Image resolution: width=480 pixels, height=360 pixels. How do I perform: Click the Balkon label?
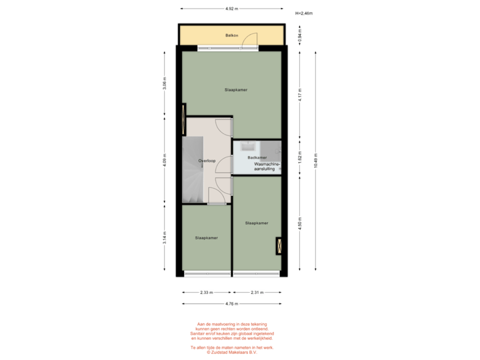[x=231, y=35]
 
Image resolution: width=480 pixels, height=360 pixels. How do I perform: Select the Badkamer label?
[x=257, y=157]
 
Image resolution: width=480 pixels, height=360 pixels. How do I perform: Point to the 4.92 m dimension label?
[x=231, y=9]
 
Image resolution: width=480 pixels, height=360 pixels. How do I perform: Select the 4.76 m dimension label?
[x=231, y=304]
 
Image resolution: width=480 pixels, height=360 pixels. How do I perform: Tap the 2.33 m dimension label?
[x=206, y=292]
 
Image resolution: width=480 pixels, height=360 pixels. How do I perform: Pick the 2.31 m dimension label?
[x=257, y=292]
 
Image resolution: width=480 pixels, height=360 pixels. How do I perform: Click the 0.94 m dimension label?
[x=300, y=34]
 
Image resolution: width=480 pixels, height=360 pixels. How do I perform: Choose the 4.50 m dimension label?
[x=300, y=221]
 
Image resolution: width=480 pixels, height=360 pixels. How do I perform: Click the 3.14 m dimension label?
[x=165, y=237]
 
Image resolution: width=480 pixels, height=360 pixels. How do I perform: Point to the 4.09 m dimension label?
[x=165, y=161]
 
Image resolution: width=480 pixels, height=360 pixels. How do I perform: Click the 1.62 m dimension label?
[x=300, y=160]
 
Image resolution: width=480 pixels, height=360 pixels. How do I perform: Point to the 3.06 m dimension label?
[x=165, y=83]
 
